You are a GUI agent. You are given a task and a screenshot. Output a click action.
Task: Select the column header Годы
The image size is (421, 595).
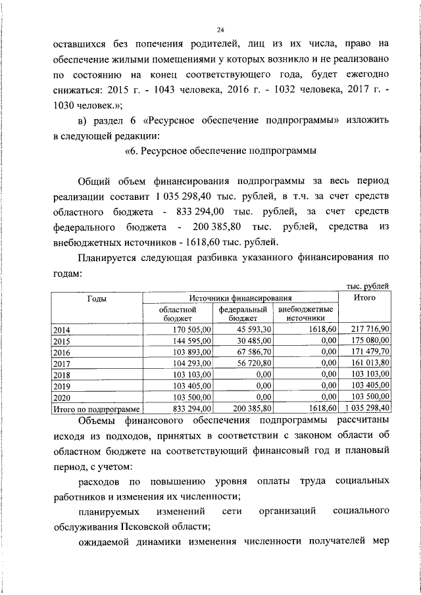pos(97,298)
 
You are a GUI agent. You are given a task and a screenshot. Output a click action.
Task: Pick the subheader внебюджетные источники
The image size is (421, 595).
pos(305,313)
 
